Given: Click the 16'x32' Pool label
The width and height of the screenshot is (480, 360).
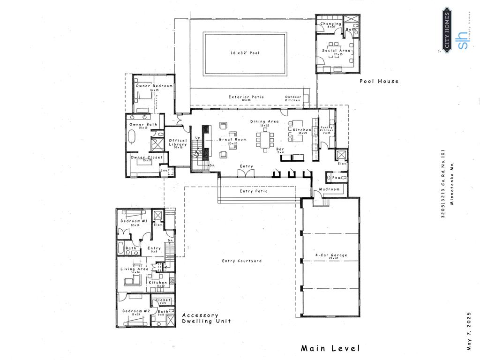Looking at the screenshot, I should coord(244,53).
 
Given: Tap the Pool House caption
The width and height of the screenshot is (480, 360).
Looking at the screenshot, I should coord(379,81).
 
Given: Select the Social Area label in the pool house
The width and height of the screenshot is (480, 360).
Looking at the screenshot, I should coord(335,51).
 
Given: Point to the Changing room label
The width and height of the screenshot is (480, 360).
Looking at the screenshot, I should coord(331,23).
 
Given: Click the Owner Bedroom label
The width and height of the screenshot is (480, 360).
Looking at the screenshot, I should coord(154,86).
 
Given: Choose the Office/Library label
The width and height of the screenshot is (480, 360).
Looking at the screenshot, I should coord(178,142).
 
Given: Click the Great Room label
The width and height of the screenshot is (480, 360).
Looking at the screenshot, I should coord(232,140).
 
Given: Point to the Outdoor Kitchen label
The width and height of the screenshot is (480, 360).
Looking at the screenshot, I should coord(293,98).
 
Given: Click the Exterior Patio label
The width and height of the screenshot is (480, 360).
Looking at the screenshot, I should coord(246,97).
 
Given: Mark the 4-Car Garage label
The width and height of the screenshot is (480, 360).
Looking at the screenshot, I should coord(331,255).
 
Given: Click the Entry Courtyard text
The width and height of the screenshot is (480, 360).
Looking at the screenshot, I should coord(242,261).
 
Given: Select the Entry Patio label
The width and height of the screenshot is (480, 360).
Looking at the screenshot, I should coord(254,191).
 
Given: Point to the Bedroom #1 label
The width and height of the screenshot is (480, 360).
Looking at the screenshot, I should coord(134,221).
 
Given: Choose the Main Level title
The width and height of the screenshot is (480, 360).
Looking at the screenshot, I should coord(330,348).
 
